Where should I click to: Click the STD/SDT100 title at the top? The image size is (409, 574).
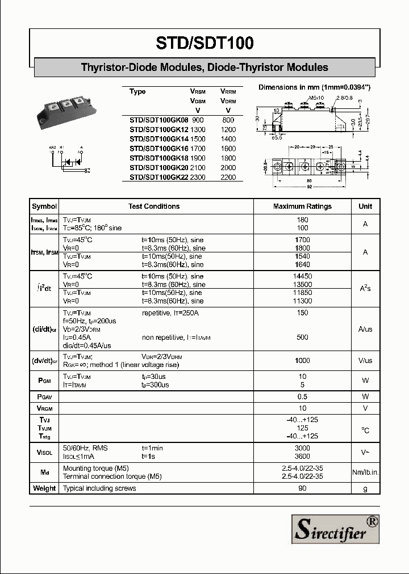[204, 43]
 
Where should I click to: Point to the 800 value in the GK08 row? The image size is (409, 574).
[228, 120]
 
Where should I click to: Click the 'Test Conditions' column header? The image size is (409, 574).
[154, 206]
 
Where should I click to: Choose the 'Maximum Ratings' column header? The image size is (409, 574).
[302, 206]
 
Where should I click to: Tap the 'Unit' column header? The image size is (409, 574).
[365, 206]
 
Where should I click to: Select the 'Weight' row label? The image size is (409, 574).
[44, 488]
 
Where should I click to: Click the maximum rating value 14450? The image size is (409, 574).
[302, 276]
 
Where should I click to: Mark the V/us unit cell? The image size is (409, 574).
[365, 361]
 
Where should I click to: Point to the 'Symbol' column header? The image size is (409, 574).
[44, 206]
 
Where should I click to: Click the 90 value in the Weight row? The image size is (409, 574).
[302, 488]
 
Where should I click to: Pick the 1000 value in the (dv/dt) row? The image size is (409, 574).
[302, 361]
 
